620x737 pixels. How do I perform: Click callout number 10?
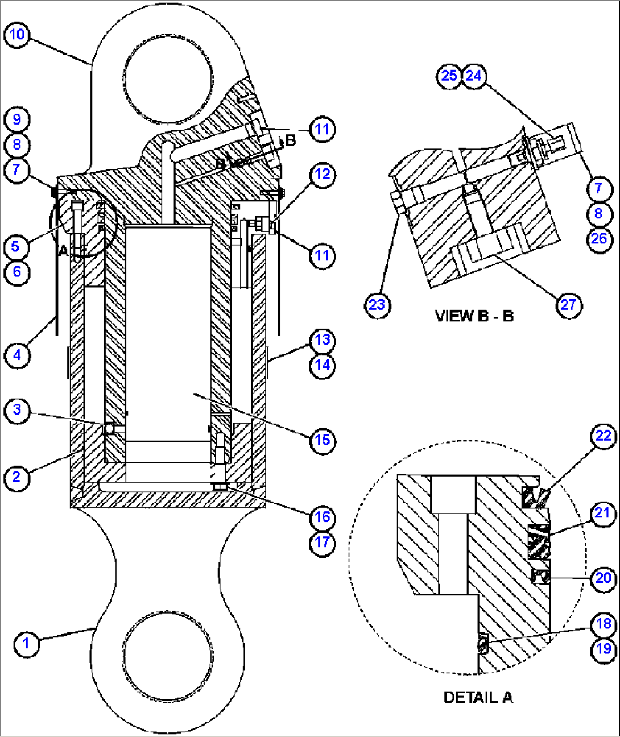pos(17,35)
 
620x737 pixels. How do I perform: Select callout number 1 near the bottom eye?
pos(26,644)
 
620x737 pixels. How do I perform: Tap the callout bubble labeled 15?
pos(322,440)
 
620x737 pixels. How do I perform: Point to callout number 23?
pos(377,305)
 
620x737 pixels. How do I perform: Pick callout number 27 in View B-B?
pos(568,305)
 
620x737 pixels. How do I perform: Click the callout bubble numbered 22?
pos(603,436)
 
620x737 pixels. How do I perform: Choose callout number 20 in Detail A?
pos(603,578)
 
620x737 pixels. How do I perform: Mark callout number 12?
pos(322,174)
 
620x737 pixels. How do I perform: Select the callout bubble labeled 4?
pos(17,355)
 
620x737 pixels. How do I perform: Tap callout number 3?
pos(17,409)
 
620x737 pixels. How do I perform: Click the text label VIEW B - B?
pos(474,316)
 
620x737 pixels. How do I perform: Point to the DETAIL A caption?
pos(477,697)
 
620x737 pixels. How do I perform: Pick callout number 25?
pos(449,75)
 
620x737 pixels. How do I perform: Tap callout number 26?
pos(598,238)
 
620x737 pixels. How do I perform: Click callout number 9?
pos(17,119)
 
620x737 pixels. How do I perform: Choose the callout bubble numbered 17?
pos(322,542)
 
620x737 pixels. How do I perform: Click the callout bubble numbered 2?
pos(17,476)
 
